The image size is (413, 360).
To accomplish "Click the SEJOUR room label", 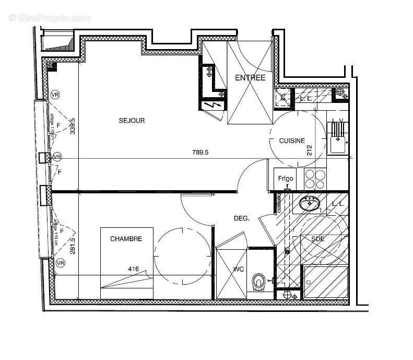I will coord(132,121).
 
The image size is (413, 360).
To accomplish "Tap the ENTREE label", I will coord(250,78).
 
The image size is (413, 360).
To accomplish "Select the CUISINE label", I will coord(292,141).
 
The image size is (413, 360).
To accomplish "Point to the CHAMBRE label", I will coord(126,239).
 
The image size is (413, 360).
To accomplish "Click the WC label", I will coord(238,270).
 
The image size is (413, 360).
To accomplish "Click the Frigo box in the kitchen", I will coord(285,179).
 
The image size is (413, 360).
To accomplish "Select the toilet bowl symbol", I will coord(258,283).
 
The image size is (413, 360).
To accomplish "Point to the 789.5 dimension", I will coord(200,152).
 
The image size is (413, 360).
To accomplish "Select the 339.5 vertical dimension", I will coord(74,125).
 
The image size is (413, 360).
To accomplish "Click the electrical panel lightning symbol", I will coord(213,106).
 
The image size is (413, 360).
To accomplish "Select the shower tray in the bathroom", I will coord(325,282).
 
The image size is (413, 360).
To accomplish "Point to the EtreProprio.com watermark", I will coord(50,18).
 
